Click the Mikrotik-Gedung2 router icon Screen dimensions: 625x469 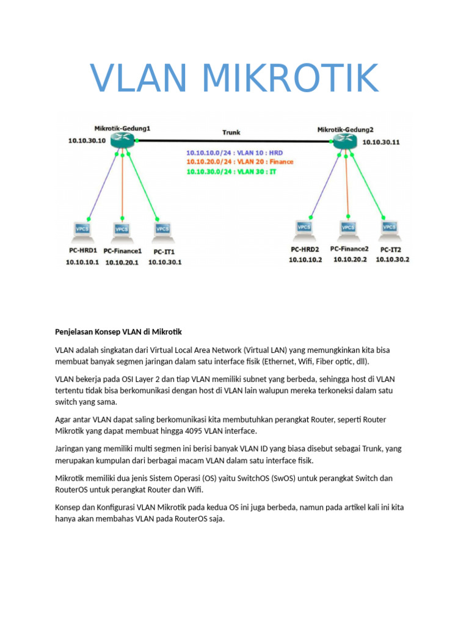click(x=345, y=142)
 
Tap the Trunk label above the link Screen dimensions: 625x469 click(x=231, y=131)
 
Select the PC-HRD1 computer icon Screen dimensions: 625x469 click(x=82, y=230)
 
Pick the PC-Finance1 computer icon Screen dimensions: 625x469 click(x=122, y=231)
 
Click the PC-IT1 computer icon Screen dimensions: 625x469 click(x=162, y=231)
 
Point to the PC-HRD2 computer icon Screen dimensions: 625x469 click(x=304, y=229)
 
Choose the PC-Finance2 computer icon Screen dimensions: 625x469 click(x=347, y=229)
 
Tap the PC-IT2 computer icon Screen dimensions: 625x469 click(x=389, y=229)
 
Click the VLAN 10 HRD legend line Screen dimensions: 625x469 click(x=234, y=152)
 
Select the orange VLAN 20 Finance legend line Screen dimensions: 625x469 click(x=239, y=162)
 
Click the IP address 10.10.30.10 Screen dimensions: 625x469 click(x=87, y=140)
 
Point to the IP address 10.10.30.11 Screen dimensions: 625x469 click(x=382, y=142)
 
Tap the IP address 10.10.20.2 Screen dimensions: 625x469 click(x=350, y=259)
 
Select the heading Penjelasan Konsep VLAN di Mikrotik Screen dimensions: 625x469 click(x=118, y=332)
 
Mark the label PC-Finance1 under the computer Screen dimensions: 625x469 click(x=123, y=251)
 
